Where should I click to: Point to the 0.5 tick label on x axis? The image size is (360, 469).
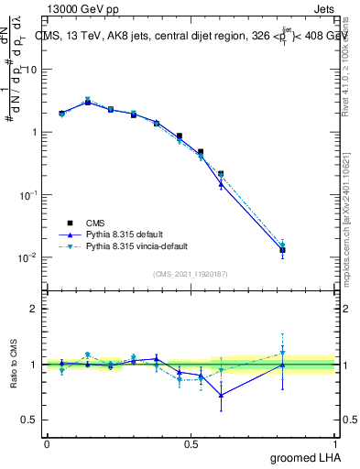[x=191, y=443]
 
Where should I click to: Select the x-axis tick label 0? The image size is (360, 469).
[x=47, y=443]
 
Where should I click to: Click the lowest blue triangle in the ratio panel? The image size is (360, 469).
[x=221, y=396]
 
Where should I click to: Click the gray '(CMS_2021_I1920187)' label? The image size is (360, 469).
[x=190, y=274]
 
